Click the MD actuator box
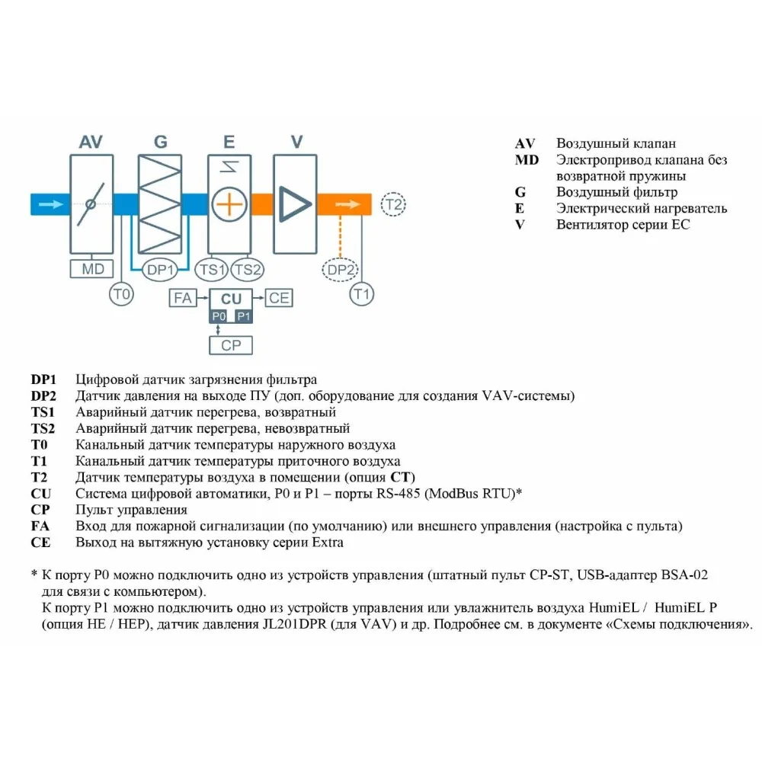click(x=91, y=269)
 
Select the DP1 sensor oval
click(x=162, y=269)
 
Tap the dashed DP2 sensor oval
click(x=341, y=269)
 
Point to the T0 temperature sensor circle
click(x=121, y=294)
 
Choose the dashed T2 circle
click(x=393, y=204)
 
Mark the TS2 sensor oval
click(x=248, y=269)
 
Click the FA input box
click(x=183, y=298)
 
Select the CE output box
click(x=279, y=298)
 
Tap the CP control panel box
click(x=230, y=344)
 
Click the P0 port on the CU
click(x=219, y=315)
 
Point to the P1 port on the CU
click(x=242, y=315)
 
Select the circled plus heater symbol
click(x=229, y=204)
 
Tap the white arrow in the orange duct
click(x=347, y=204)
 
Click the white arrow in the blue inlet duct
click(x=50, y=204)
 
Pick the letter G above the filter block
click(x=160, y=142)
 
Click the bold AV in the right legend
click(x=525, y=144)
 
